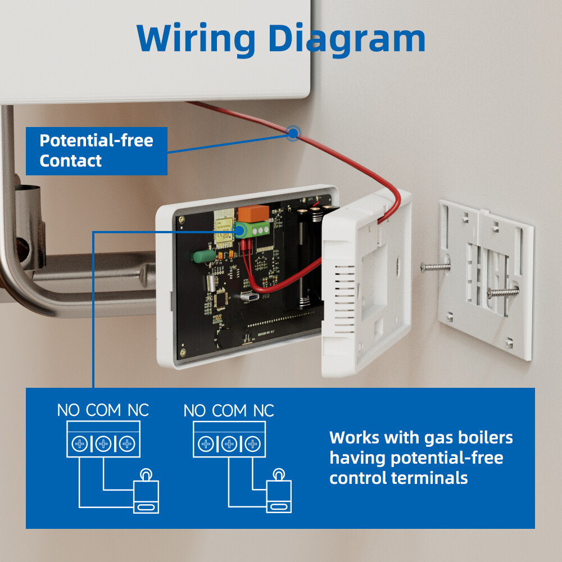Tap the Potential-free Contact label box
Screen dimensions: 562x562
pyautogui.click(x=96, y=151)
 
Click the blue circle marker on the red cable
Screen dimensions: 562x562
pyautogui.click(x=293, y=133)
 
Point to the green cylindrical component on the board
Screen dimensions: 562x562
pyautogui.click(x=203, y=255)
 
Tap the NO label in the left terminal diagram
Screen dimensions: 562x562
pyautogui.click(x=69, y=410)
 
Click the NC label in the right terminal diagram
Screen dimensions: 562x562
pyautogui.click(x=263, y=411)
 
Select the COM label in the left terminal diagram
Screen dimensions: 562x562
pyautogui.click(x=103, y=410)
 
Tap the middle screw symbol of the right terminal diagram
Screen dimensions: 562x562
pyautogui.click(x=229, y=444)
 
